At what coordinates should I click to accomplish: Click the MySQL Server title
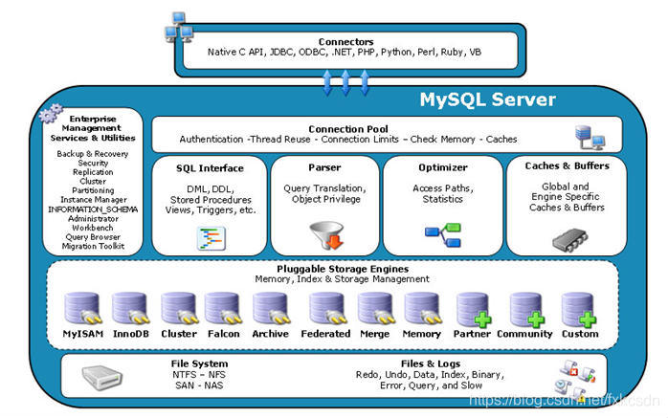click(x=487, y=99)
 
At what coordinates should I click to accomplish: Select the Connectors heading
click(x=346, y=41)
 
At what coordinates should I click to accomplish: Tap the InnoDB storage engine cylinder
click(x=129, y=309)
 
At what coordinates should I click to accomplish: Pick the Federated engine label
click(x=324, y=334)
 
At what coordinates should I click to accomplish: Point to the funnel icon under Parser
click(x=324, y=232)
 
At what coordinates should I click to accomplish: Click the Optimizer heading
click(x=442, y=167)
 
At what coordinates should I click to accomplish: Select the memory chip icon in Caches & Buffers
click(x=565, y=234)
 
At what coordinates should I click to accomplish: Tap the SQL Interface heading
click(x=210, y=168)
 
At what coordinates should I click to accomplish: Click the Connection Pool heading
click(x=347, y=128)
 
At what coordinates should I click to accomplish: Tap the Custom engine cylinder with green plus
click(x=579, y=309)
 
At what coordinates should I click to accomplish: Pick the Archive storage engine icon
click(x=270, y=309)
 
